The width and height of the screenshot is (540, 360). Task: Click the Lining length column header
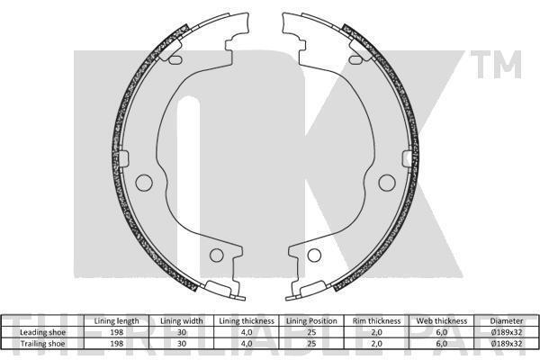pyautogui.click(x=116, y=321)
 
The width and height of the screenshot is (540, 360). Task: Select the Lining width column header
pyautogui.click(x=182, y=321)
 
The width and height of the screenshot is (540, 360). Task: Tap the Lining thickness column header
pyautogui.click(x=247, y=321)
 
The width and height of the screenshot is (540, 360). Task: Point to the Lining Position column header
pyautogui.click(x=311, y=321)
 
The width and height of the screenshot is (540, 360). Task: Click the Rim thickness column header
pyautogui.click(x=376, y=321)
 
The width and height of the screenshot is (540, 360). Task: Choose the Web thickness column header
pyautogui.click(x=442, y=321)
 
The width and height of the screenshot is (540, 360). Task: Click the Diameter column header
pyautogui.click(x=506, y=321)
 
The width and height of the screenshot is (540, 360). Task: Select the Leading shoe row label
pyautogui.click(x=42, y=332)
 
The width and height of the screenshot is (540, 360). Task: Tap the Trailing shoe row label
pyautogui.click(x=42, y=344)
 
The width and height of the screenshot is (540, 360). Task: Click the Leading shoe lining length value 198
pyautogui.click(x=116, y=332)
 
